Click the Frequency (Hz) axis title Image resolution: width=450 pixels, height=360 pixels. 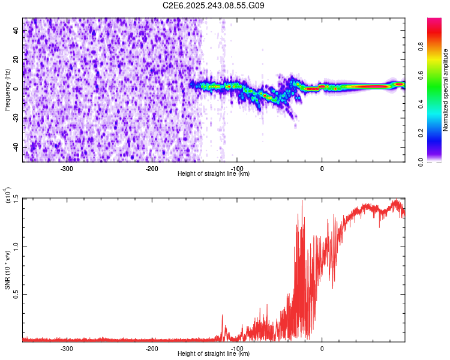click(7, 90)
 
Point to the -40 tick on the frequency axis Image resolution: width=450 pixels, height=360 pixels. click(16, 148)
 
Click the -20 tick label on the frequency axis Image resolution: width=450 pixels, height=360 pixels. click(16, 118)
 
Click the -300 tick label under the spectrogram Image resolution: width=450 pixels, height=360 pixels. click(67, 168)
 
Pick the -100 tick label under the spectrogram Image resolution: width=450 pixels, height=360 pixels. click(237, 168)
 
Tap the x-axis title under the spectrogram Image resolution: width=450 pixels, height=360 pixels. click(214, 174)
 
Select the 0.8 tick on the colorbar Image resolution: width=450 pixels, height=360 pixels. click(437, 46)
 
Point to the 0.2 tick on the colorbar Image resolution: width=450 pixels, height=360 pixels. click(437, 133)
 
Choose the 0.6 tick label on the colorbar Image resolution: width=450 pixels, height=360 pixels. click(437, 75)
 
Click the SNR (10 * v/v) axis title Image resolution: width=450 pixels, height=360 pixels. click(8, 270)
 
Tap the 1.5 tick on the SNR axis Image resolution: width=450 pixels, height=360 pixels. click(16, 199)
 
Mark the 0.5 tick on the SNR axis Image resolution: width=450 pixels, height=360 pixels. click(16, 294)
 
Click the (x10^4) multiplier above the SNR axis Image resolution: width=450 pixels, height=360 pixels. click(8, 195)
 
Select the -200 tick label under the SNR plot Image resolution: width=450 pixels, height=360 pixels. click(152, 348)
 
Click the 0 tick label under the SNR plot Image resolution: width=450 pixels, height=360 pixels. click(322, 348)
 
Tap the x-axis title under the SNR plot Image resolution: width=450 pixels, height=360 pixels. click(214, 354)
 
